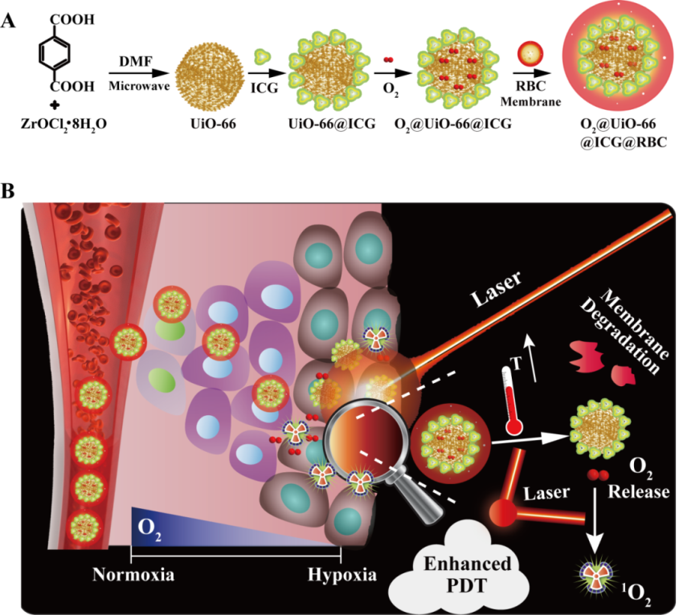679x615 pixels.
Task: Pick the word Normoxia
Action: tap(131, 575)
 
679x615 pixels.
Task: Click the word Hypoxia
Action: tap(342, 575)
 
